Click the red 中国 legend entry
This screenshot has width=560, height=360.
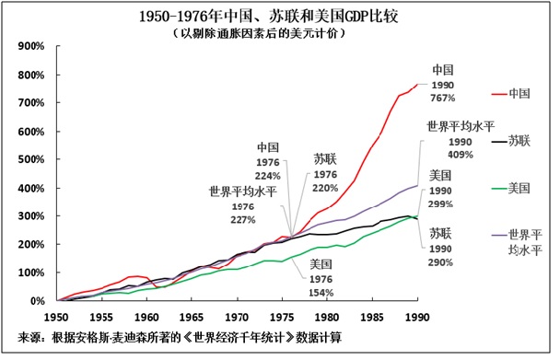tap(507, 92)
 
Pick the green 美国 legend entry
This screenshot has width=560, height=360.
tap(507, 188)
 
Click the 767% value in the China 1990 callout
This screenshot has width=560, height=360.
tap(444, 97)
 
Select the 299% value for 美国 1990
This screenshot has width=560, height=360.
tap(442, 203)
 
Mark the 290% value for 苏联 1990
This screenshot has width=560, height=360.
tap(439, 262)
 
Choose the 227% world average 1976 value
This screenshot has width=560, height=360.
tap(242, 219)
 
